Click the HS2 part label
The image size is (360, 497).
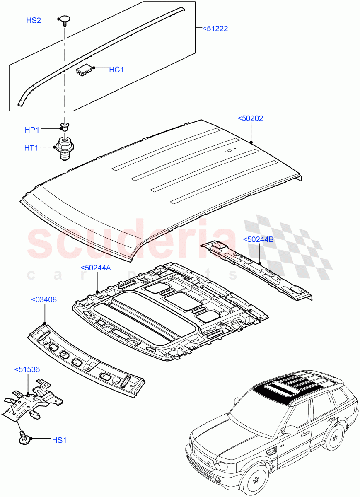34,20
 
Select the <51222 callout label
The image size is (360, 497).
215,29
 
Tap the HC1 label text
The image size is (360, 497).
116,70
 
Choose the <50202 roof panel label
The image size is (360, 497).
250,118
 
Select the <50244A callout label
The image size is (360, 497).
95,268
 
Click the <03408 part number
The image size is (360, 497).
44,299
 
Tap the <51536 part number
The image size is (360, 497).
27,369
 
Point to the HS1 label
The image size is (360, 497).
59,440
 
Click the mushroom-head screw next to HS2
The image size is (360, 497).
65,20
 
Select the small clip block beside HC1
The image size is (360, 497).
85,70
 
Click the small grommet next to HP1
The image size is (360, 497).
64,126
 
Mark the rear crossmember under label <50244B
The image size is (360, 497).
257,270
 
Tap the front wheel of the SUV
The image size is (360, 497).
256,481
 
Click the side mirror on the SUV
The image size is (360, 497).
290,430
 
